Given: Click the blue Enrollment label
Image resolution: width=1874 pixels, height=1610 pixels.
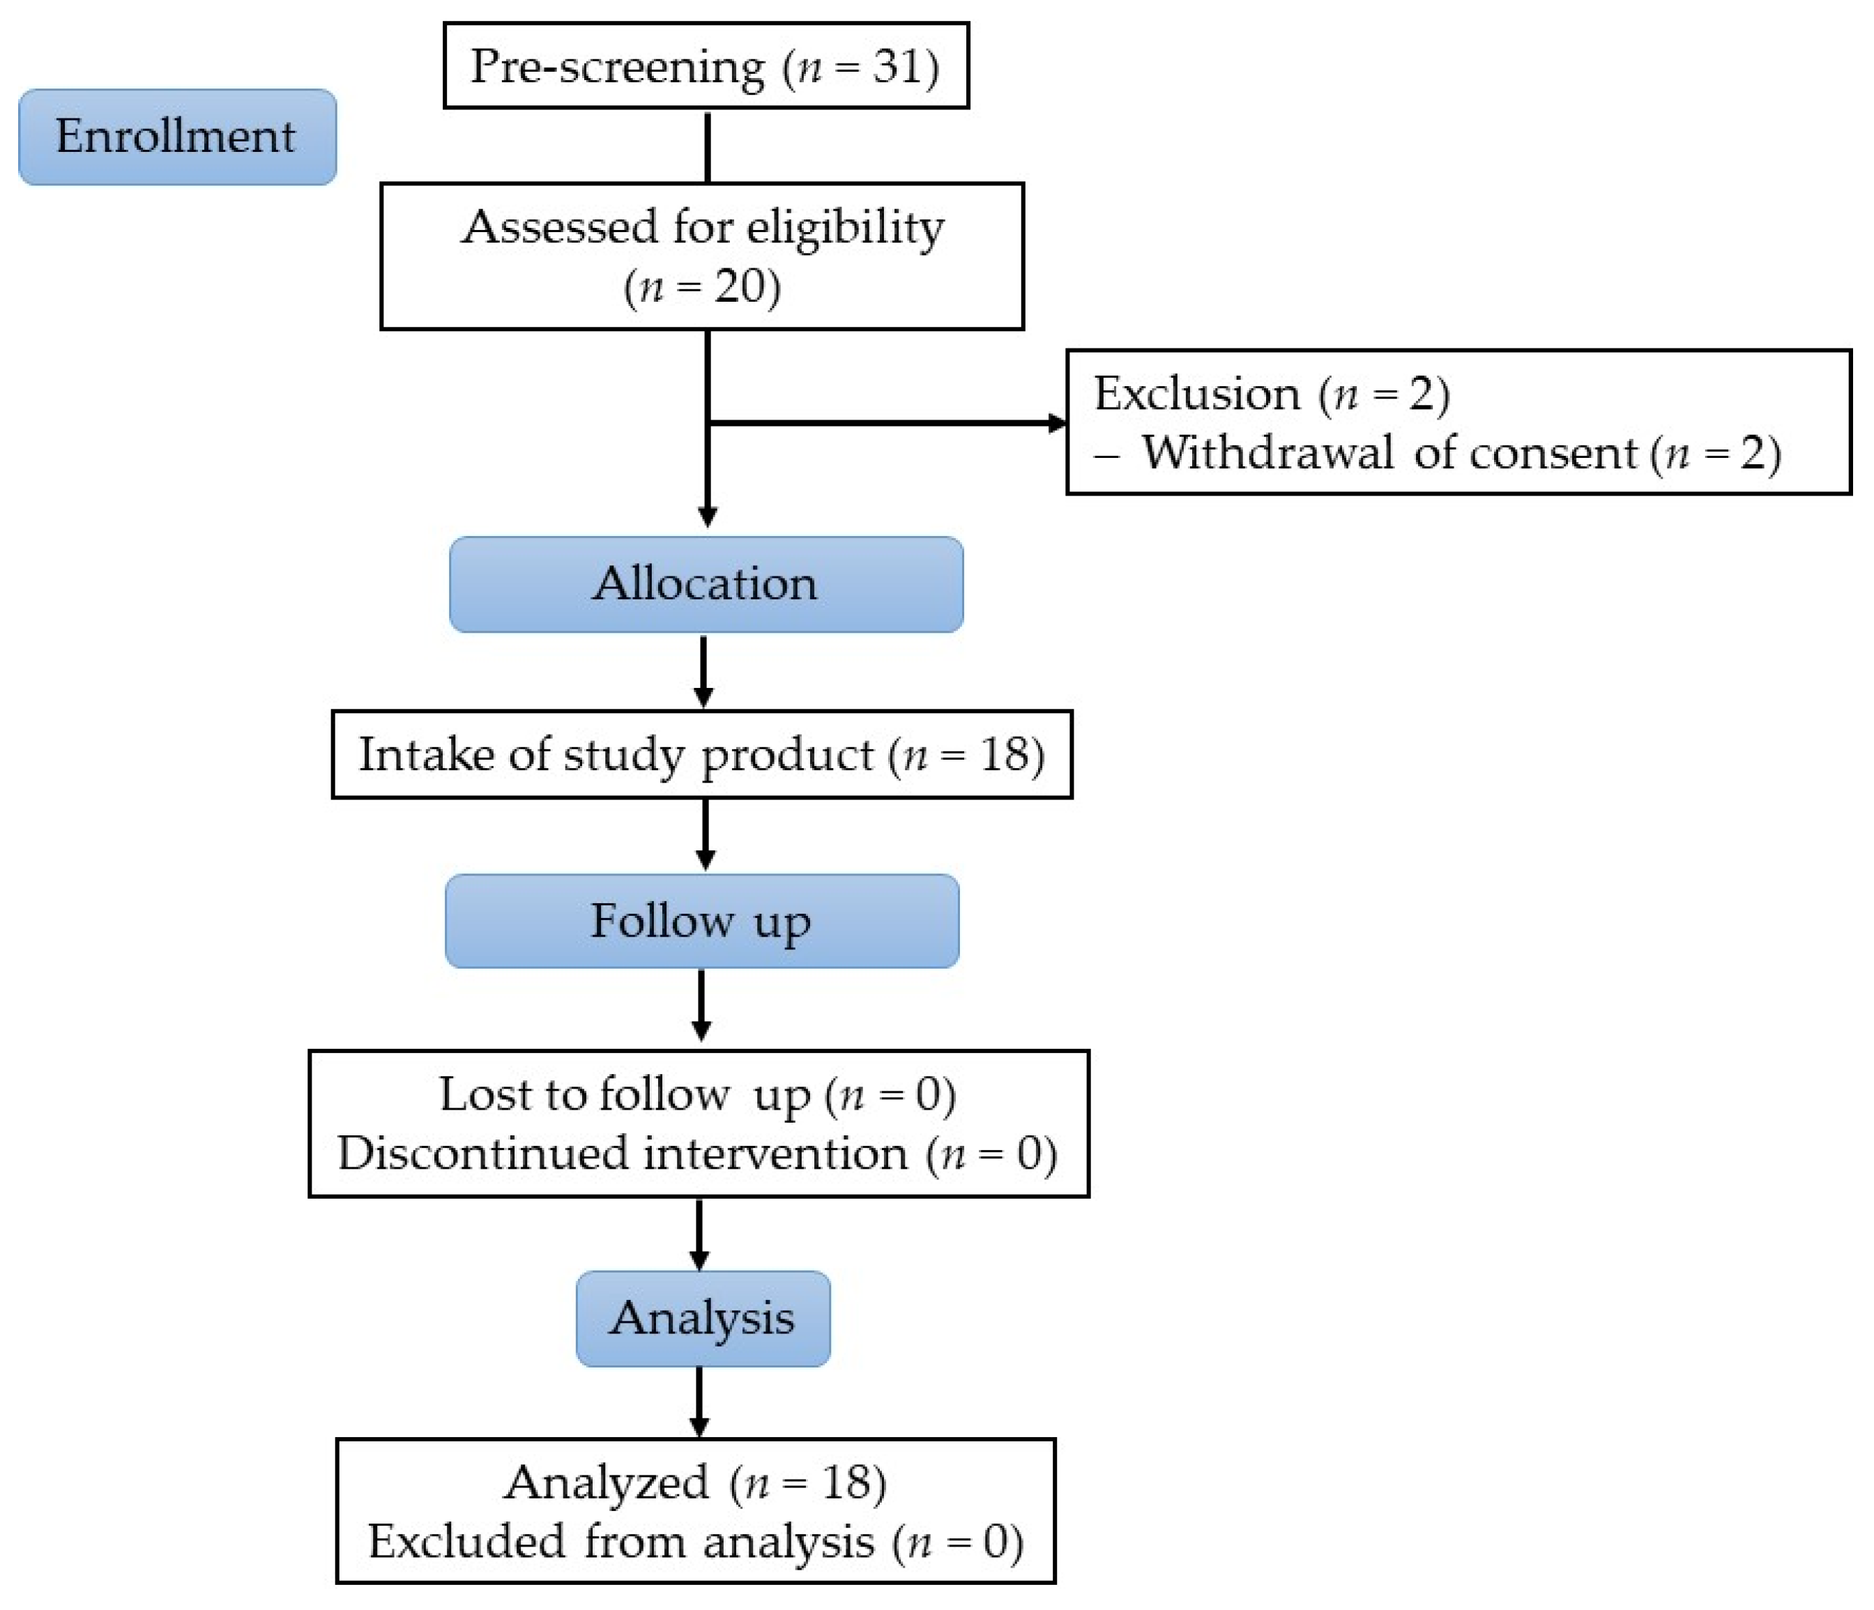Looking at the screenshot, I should (177, 137).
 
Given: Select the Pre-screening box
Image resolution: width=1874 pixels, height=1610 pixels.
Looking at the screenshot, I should (706, 66).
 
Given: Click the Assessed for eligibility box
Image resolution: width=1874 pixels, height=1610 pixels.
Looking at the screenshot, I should (702, 256).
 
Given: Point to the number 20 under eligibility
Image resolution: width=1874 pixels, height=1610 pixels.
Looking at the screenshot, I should (739, 287).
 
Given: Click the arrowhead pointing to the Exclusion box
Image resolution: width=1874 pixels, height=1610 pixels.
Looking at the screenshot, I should (1056, 422).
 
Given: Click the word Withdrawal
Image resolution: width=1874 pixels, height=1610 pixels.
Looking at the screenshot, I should (1266, 453).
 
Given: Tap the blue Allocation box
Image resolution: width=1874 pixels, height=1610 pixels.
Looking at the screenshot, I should (706, 584).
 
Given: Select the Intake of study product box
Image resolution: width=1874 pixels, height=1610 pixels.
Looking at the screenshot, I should (702, 755).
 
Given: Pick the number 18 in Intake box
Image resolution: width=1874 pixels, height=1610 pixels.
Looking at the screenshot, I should (1005, 755).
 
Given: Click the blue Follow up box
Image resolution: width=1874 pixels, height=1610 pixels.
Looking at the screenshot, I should (702, 921).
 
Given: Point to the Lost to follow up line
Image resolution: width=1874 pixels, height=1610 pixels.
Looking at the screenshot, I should (697, 1095).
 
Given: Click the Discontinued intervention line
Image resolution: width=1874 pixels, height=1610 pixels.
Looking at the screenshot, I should (697, 1154).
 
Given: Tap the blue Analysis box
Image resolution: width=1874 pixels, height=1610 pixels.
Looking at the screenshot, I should (703, 1318).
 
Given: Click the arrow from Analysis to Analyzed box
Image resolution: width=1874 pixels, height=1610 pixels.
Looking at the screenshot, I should (699, 1401).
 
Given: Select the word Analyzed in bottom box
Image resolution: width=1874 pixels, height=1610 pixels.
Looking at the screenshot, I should (606, 1483).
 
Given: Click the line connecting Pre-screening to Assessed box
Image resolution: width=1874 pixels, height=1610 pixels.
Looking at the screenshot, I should (707, 146).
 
